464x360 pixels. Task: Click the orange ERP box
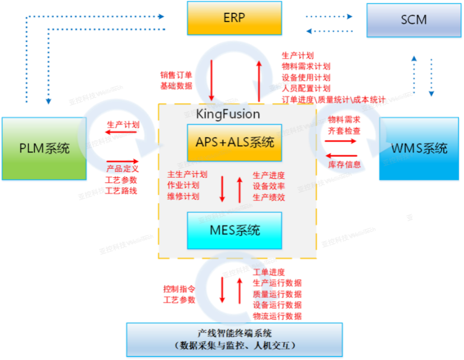click(234, 18)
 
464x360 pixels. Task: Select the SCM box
click(413, 20)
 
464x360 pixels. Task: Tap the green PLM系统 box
click(44, 149)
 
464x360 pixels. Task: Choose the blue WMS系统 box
click(419, 149)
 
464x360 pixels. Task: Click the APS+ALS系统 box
click(235, 142)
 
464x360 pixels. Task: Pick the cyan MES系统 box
click(235, 230)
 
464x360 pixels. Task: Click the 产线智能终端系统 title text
click(235, 334)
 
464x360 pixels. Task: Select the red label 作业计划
click(183, 185)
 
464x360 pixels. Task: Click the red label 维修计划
click(183, 197)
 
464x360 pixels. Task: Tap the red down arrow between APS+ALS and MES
click(222, 189)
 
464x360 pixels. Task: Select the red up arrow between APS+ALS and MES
click(240, 189)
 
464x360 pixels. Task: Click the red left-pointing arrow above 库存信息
click(341, 155)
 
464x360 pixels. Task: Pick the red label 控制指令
click(179, 288)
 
